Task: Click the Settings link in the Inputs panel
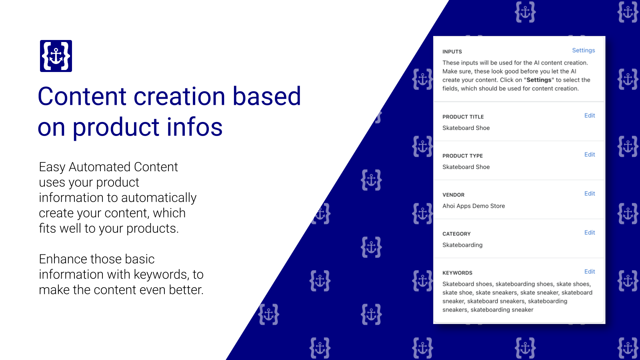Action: tap(583, 50)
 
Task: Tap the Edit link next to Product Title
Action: tap(589, 116)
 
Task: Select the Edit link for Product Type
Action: tap(589, 154)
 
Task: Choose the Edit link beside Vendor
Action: tap(589, 194)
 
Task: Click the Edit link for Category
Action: tap(589, 232)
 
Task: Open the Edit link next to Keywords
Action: tap(589, 272)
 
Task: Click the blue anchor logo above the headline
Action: tap(56, 56)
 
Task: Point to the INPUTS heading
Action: tap(452, 52)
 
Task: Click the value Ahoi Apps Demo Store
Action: tap(474, 206)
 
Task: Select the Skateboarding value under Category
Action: tap(462, 245)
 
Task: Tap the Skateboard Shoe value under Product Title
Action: tap(466, 128)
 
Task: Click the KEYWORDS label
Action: tap(457, 273)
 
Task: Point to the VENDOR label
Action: tap(453, 195)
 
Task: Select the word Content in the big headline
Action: tap(82, 96)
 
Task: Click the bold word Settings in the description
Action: tap(539, 80)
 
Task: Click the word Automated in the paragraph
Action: tap(100, 167)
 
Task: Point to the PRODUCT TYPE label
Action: tap(462, 156)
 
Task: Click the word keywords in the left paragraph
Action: tap(161, 274)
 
